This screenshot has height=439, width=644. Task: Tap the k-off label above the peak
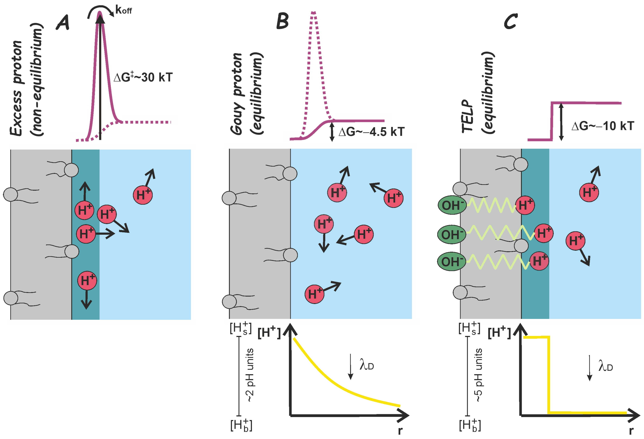(x=123, y=10)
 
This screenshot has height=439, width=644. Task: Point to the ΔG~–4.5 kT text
(x=371, y=132)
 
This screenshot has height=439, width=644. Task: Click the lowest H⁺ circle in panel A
(x=87, y=281)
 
